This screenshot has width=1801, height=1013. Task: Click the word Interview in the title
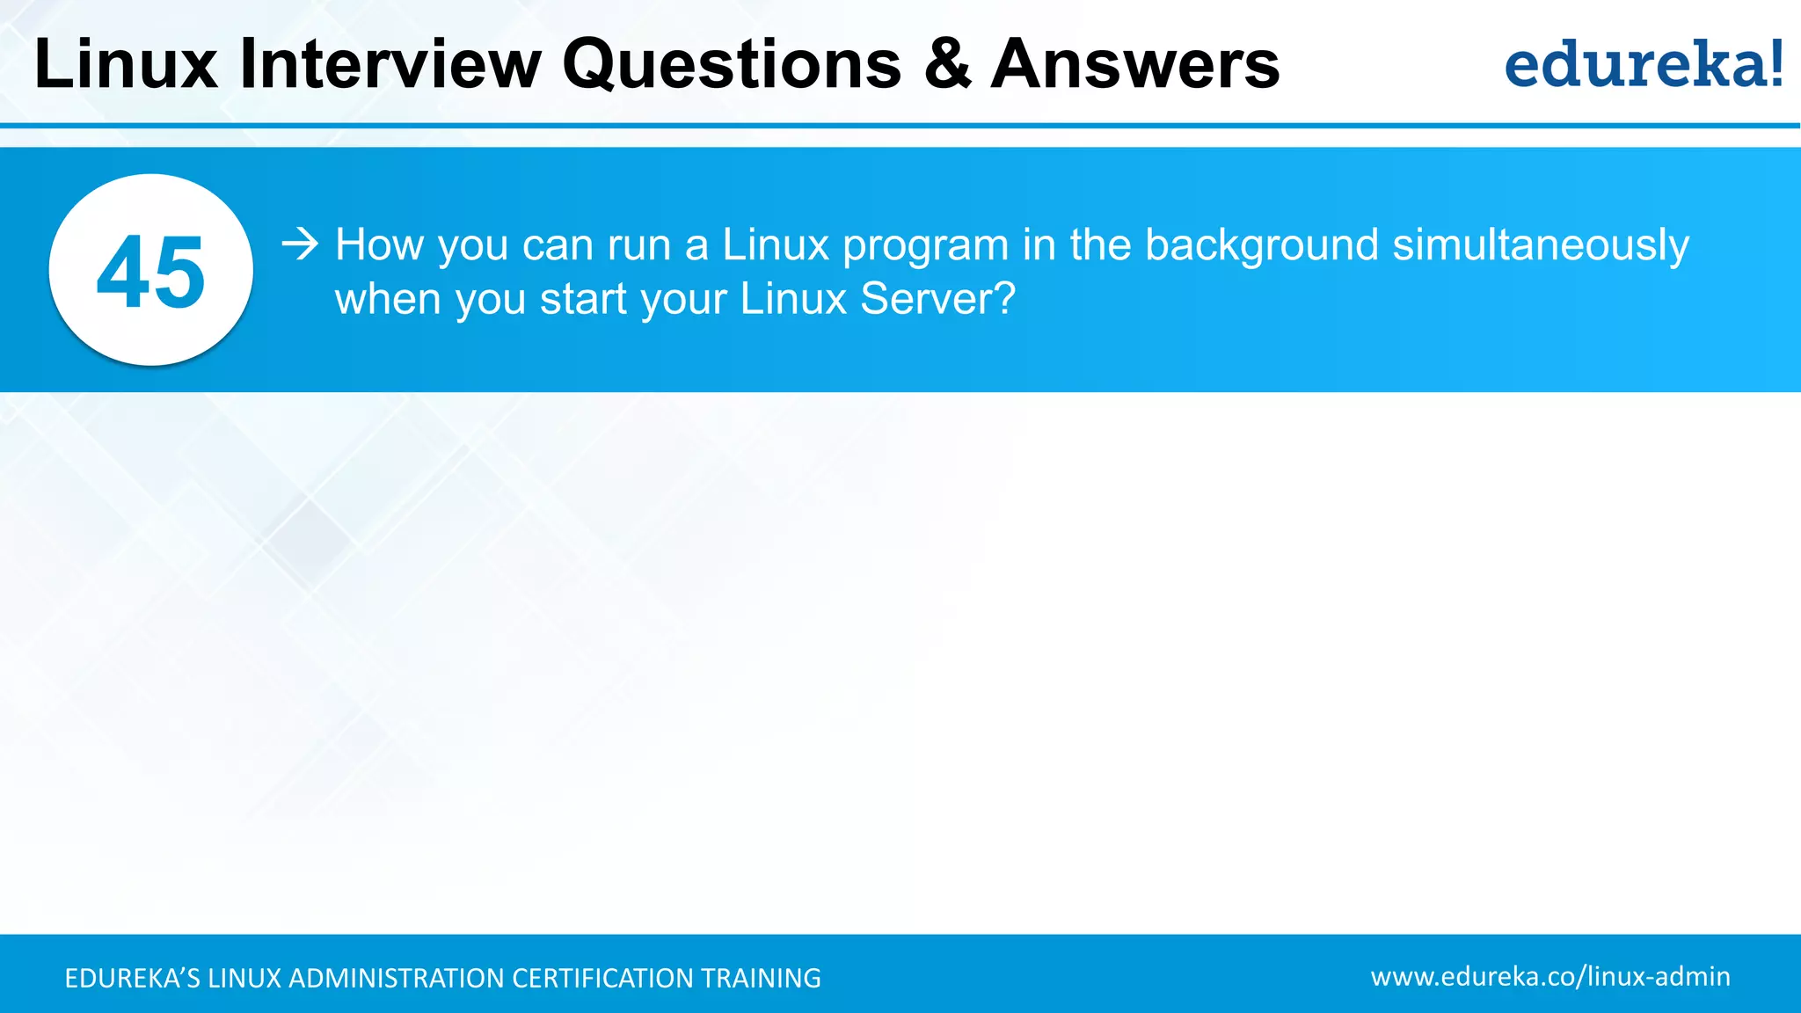390,64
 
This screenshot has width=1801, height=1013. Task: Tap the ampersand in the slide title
947,64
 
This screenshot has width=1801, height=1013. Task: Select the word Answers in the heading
1135,64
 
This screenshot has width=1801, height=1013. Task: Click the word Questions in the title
732,64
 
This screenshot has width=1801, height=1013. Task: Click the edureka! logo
1644,64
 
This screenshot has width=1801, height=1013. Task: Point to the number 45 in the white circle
151,273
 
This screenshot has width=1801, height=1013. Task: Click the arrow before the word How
300,244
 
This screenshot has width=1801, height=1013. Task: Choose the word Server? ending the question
937,299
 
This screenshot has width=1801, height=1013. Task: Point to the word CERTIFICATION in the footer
602,978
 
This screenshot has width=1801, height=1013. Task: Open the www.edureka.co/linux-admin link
1550,977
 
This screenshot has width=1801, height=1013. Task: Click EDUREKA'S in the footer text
133,978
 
